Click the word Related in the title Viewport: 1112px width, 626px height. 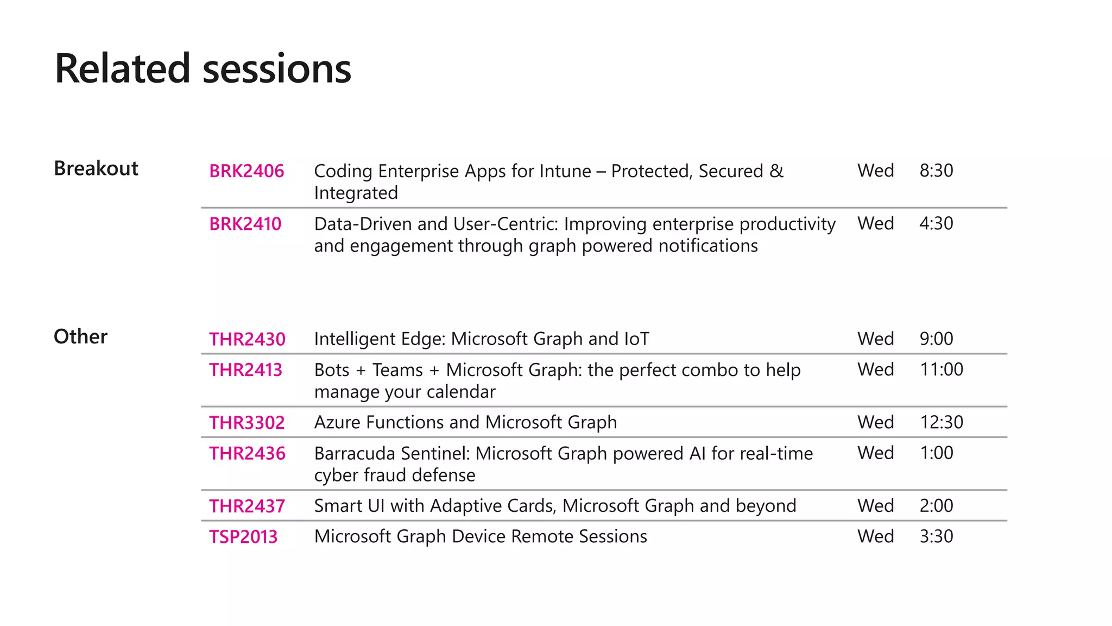coord(123,68)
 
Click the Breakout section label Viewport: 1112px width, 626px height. coord(96,168)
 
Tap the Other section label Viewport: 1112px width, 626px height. coord(80,337)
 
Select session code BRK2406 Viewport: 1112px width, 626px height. coord(247,171)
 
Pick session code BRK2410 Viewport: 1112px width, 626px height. coord(245,224)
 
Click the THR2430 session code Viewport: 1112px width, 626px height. coord(247,339)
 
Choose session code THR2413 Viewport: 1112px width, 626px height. coord(246,370)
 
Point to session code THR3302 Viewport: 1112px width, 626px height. coord(247,423)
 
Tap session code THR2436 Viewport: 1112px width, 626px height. coord(247,453)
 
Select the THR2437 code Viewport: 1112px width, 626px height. coord(247,506)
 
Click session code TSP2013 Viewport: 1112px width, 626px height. coord(243,537)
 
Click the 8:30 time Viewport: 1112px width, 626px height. coord(936,171)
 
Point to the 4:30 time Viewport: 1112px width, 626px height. coord(936,223)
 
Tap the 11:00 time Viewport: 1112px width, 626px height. coord(942,370)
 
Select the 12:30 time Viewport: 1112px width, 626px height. coord(942,422)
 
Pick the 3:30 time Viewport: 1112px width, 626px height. coord(936,536)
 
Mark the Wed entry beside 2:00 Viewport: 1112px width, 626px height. coord(875,506)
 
